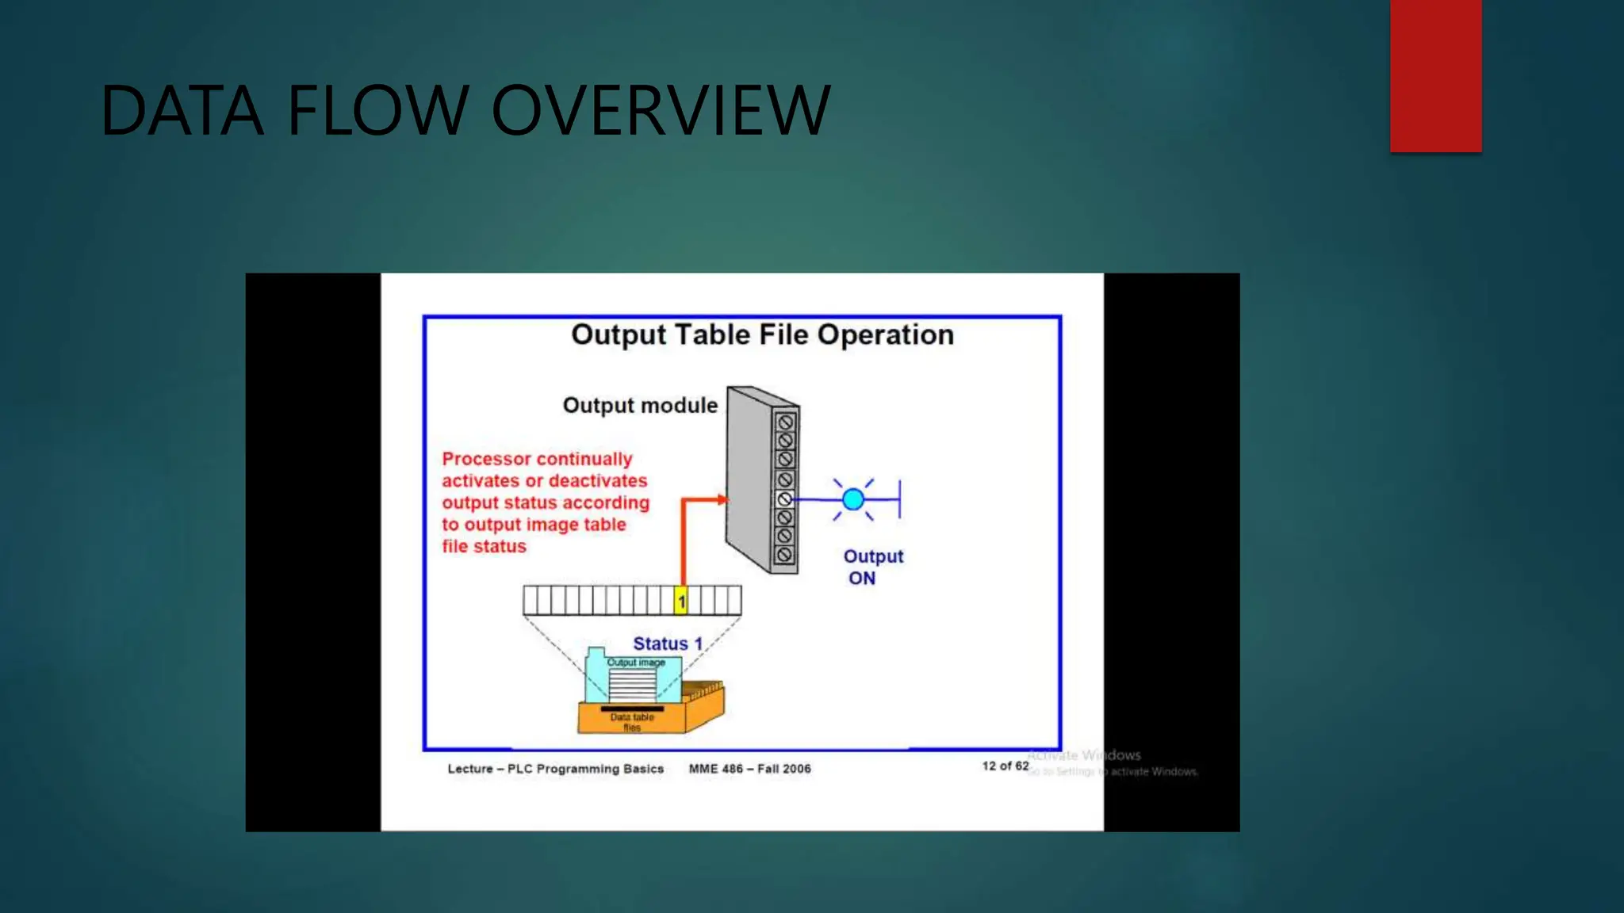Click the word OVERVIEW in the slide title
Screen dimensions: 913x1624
coord(661,111)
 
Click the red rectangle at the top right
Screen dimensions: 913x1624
coord(1435,75)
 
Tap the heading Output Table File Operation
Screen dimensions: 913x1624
coord(762,334)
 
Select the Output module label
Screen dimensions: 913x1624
coord(640,406)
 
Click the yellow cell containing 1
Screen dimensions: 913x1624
coord(680,601)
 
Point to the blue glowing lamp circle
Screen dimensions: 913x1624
coord(853,499)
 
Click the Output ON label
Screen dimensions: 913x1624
coord(872,567)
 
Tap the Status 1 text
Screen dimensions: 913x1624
coord(668,644)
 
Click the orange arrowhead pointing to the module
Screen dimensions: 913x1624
coord(721,499)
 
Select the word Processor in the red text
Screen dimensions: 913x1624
coord(486,459)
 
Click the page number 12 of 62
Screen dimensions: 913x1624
coord(1005,766)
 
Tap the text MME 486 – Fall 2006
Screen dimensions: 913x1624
coord(749,769)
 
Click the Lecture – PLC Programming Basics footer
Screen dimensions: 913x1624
coord(555,769)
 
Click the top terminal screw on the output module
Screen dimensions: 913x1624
coord(785,422)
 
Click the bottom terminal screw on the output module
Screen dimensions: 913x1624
coord(785,555)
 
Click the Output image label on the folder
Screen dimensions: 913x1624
coord(636,663)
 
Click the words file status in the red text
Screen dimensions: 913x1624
coord(484,546)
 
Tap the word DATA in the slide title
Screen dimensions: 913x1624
coord(182,111)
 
